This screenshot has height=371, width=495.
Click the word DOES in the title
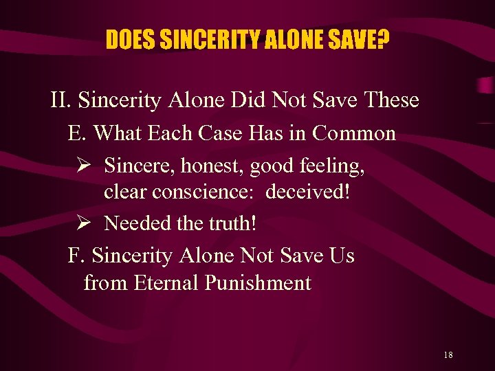(x=131, y=41)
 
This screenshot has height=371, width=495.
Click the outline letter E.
(x=75, y=133)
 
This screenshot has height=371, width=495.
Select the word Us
(x=342, y=256)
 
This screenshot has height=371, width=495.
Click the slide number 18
(x=448, y=355)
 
